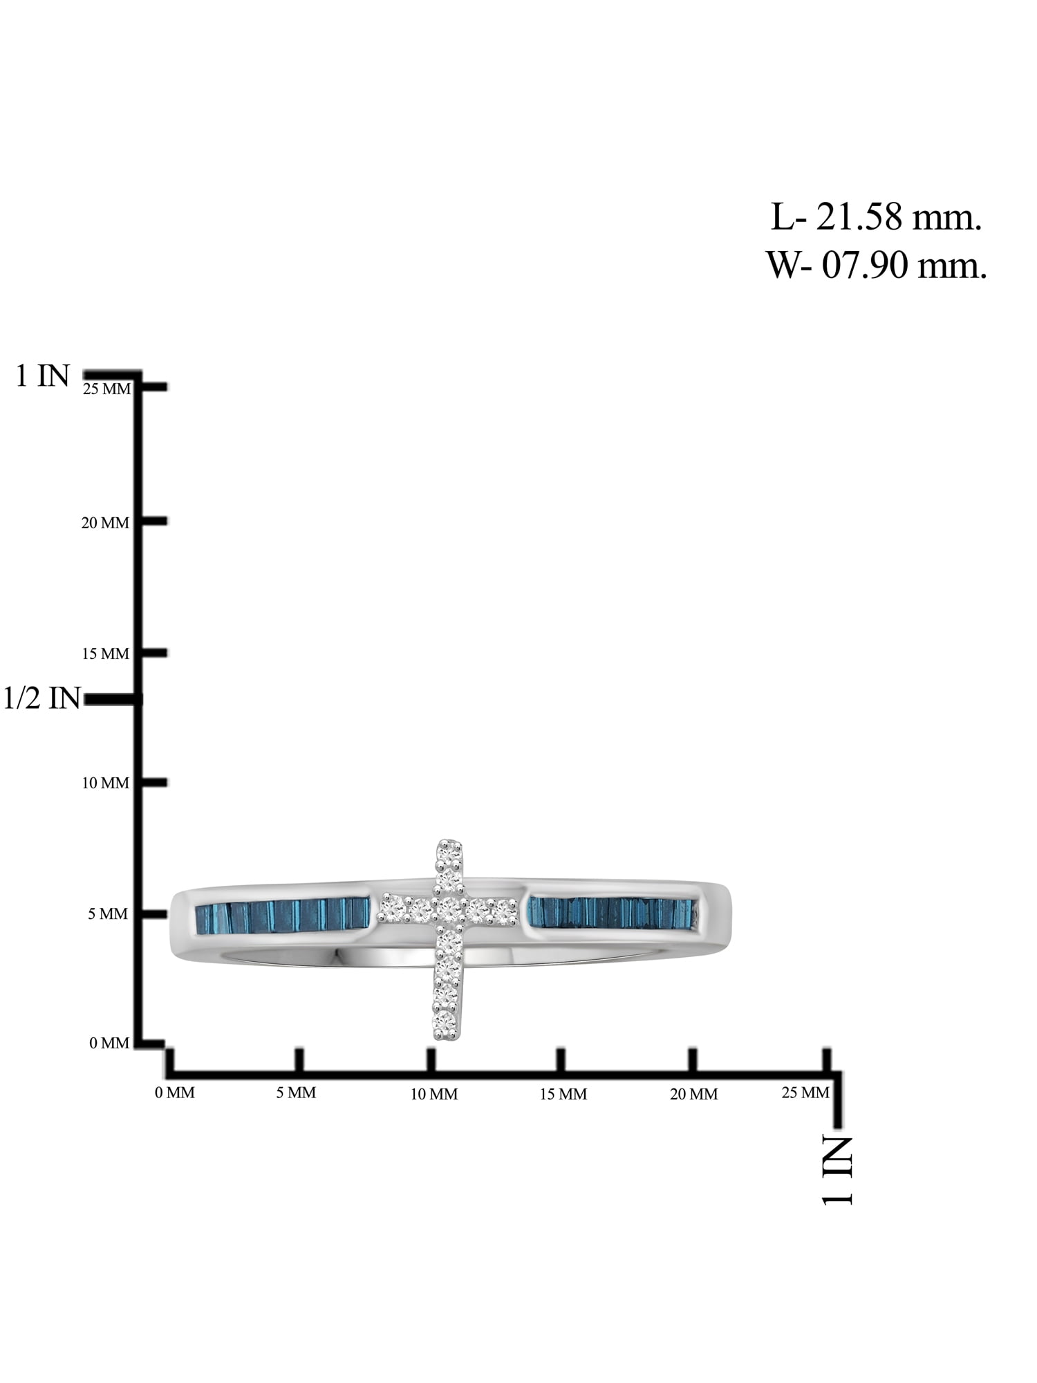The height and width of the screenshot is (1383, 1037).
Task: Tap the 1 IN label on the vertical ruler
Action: pyautogui.click(x=43, y=376)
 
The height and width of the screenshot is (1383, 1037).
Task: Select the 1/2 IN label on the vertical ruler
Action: pyautogui.click(x=42, y=698)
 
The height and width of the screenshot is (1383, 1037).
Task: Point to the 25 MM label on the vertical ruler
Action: pyautogui.click(x=106, y=389)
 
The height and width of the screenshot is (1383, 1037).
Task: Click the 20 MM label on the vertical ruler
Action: pyautogui.click(x=105, y=523)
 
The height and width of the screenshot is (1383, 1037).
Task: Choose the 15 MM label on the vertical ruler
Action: pyautogui.click(x=105, y=653)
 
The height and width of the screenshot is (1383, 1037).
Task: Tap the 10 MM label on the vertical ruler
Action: pyautogui.click(x=105, y=783)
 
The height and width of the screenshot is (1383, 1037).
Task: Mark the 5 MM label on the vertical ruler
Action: pyautogui.click(x=109, y=914)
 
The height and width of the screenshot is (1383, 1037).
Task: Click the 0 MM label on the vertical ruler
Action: pyautogui.click(x=109, y=1043)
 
